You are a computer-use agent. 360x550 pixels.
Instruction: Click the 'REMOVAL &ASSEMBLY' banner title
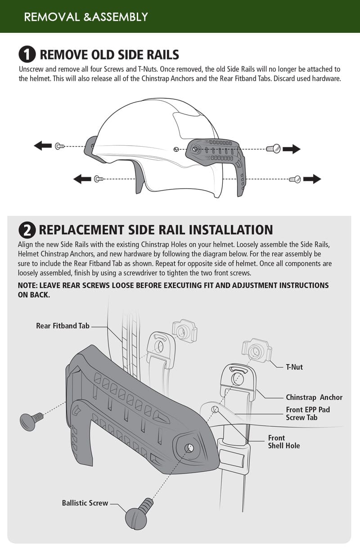click(85, 17)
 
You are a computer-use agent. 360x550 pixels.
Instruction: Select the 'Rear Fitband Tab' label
click(63, 326)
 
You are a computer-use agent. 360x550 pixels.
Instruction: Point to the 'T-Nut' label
click(294, 367)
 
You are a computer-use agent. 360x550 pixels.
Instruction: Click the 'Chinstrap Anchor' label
click(314, 397)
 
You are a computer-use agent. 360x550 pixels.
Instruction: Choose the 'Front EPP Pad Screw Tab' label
click(308, 413)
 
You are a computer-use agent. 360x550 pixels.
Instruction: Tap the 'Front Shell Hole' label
click(283, 442)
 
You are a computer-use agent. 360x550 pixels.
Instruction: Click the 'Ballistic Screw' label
click(85, 503)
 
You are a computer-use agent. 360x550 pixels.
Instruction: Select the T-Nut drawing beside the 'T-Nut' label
click(256, 350)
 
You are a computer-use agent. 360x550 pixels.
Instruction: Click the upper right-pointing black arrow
click(292, 149)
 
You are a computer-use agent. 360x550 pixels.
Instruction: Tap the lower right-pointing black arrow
click(312, 179)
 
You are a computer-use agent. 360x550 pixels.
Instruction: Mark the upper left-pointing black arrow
click(43, 146)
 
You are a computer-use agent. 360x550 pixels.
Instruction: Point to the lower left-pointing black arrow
click(82, 179)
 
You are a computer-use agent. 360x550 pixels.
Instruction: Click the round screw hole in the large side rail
click(189, 447)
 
